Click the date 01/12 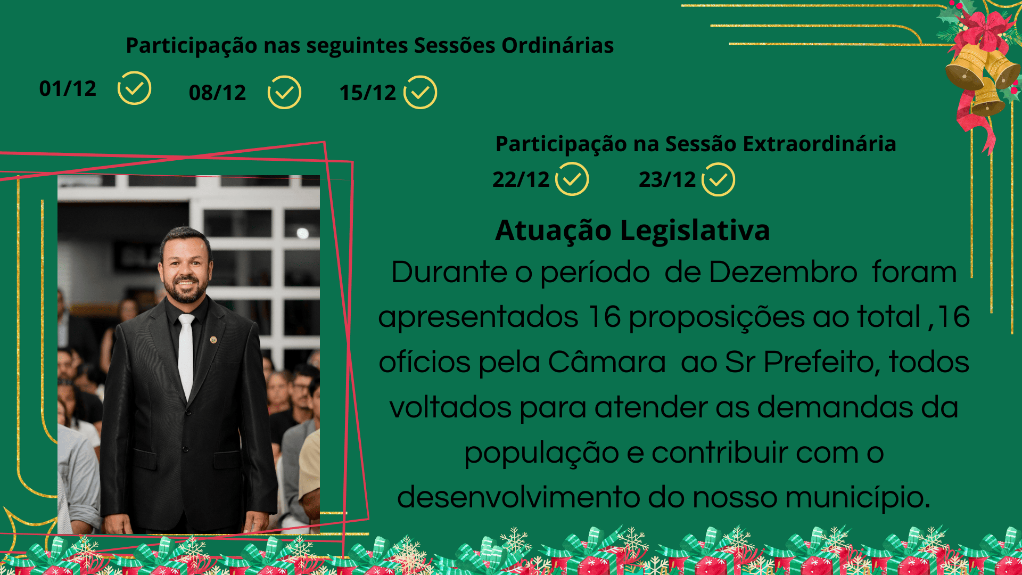tap(68, 89)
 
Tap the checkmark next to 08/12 tap(284, 93)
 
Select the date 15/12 tap(368, 93)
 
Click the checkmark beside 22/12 tap(572, 179)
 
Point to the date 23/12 tap(667, 180)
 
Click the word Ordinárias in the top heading tap(557, 46)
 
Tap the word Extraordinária tap(819, 144)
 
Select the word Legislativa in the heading tap(695, 231)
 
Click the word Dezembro tap(783, 273)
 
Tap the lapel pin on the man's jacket tap(213, 340)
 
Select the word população tap(541, 453)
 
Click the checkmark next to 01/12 tap(134, 88)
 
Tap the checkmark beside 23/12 tap(718, 180)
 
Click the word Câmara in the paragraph tap(606, 363)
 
